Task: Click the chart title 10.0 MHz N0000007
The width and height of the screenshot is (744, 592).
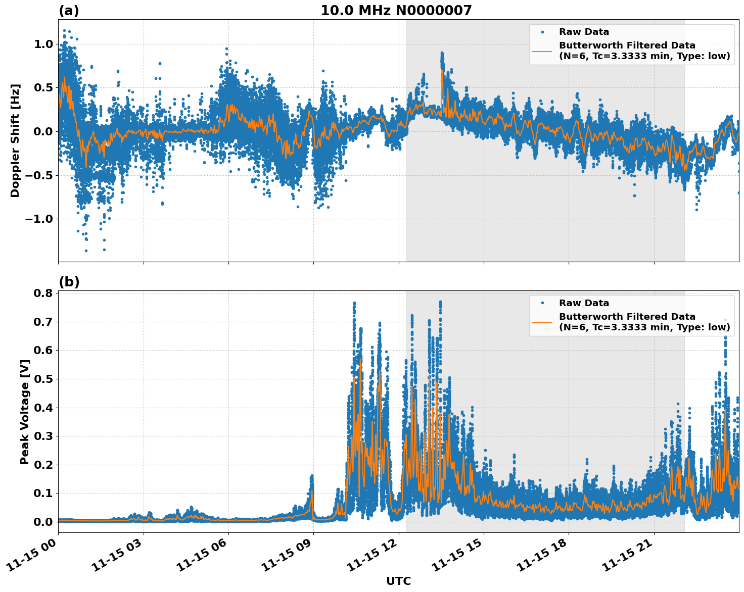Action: click(x=396, y=11)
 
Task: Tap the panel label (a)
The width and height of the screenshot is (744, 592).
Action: click(x=69, y=11)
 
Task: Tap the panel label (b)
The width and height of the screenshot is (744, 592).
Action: click(x=69, y=282)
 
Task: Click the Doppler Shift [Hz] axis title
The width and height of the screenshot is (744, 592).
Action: click(x=15, y=140)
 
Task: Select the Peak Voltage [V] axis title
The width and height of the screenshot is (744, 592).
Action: click(x=25, y=412)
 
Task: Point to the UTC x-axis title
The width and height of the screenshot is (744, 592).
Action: click(x=398, y=581)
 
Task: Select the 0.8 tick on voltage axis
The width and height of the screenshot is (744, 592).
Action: click(x=43, y=293)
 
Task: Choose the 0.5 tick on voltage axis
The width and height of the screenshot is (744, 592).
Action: click(x=43, y=379)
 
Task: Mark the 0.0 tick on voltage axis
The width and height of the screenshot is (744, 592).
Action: click(x=43, y=521)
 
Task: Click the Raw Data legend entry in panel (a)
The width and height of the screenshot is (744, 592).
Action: click(x=584, y=32)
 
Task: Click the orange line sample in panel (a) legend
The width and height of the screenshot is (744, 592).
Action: click(x=542, y=51)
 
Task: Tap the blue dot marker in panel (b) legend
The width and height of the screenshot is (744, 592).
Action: click(x=542, y=303)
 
